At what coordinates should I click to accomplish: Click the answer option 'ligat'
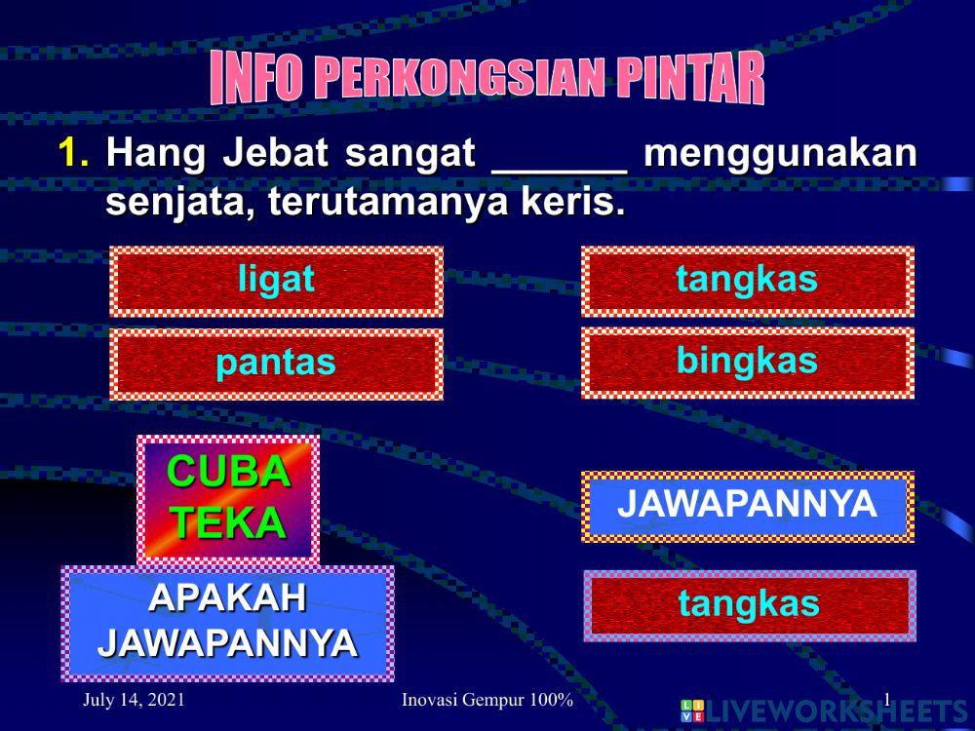[x=276, y=281]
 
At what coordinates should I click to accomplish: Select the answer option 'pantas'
[x=276, y=364]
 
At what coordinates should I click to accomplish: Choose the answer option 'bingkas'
[x=747, y=362]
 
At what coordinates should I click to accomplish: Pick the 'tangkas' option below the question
[x=747, y=281]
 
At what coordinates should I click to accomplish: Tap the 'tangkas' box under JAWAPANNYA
[x=749, y=605]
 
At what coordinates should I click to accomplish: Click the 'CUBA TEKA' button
[x=228, y=498]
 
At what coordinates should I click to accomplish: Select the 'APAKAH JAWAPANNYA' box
[x=227, y=622]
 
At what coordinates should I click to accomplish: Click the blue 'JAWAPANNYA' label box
[x=747, y=506]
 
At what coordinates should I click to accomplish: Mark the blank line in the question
[x=559, y=166]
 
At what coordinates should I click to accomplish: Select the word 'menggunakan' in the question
[x=780, y=154]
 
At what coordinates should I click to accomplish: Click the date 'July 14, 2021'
[x=135, y=700]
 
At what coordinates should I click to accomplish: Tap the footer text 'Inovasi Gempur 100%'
[x=487, y=701]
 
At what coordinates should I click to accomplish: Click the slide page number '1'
[x=886, y=698]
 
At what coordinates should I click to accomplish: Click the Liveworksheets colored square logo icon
[x=691, y=711]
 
